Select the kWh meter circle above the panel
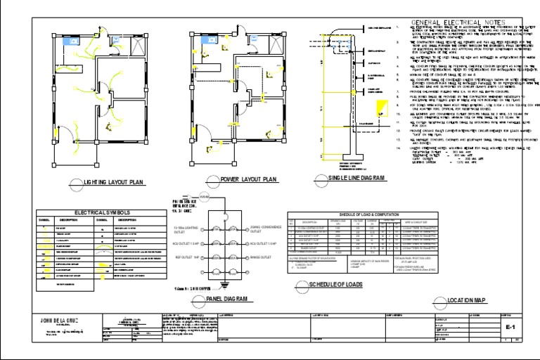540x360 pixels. pyautogui.click(x=203, y=197)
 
